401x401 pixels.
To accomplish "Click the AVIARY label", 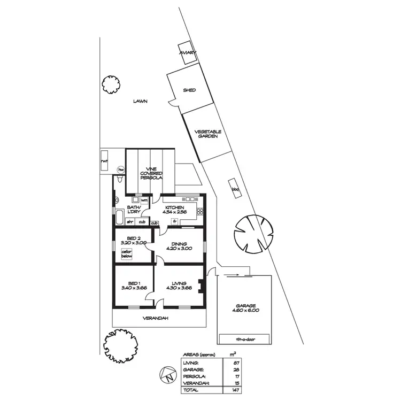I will (188, 52).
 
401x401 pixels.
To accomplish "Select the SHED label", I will (189, 90).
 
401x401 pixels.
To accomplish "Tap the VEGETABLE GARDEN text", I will (208, 134).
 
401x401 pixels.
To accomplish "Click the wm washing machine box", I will (144, 200).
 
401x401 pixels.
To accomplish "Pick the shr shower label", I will (130, 221).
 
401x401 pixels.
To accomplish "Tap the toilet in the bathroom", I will (116, 202).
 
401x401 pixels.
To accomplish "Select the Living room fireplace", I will (201, 287).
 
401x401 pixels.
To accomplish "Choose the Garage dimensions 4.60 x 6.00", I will (244, 310).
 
